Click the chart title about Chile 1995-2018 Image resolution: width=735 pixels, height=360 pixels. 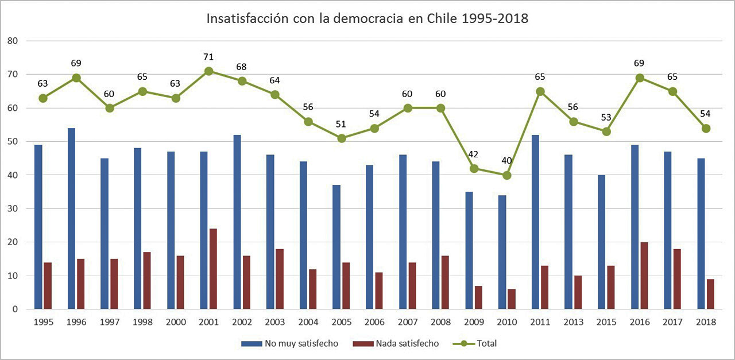click(367, 18)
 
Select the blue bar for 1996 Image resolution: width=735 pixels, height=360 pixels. click(71, 218)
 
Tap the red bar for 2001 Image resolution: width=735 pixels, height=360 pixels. click(212, 269)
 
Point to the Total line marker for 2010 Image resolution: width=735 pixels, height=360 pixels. click(506, 175)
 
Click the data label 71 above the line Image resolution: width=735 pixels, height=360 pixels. click(208, 57)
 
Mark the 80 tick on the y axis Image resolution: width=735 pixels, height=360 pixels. click(13, 41)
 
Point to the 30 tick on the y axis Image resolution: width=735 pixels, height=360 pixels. click(13, 209)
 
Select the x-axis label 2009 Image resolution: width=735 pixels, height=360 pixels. click(473, 323)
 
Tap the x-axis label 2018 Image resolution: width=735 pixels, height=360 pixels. click(706, 323)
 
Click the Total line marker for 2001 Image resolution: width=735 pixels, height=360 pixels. click(208, 71)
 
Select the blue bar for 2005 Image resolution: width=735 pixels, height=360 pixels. click(336, 247)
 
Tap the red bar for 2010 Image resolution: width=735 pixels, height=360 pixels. click(511, 299)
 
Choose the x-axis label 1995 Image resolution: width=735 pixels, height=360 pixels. click(43, 323)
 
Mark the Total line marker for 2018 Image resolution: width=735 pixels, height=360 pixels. click(706, 128)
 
